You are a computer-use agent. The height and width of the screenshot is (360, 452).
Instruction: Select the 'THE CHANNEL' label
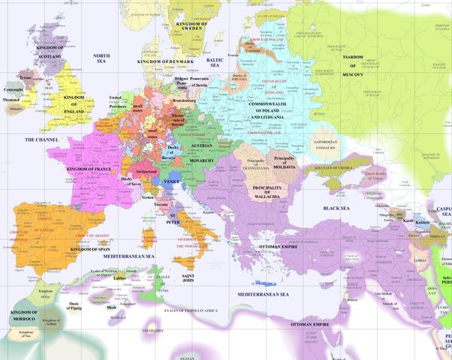click(x=41, y=139)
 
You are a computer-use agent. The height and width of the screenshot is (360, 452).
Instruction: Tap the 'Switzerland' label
click(x=143, y=172)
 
